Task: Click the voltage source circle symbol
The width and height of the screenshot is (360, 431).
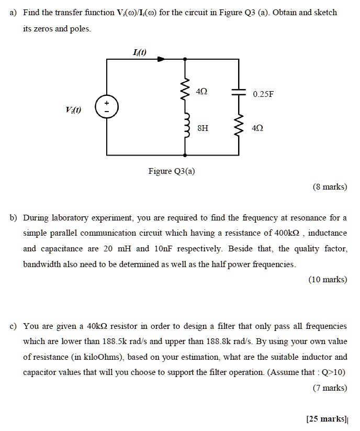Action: (x=107, y=108)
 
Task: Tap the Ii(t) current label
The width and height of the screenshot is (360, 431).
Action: (x=140, y=51)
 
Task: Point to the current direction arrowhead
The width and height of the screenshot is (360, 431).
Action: (x=162, y=60)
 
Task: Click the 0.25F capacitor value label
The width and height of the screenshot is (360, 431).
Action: (x=263, y=95)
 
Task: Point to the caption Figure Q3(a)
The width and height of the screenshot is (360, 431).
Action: (x=172, y=171)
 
